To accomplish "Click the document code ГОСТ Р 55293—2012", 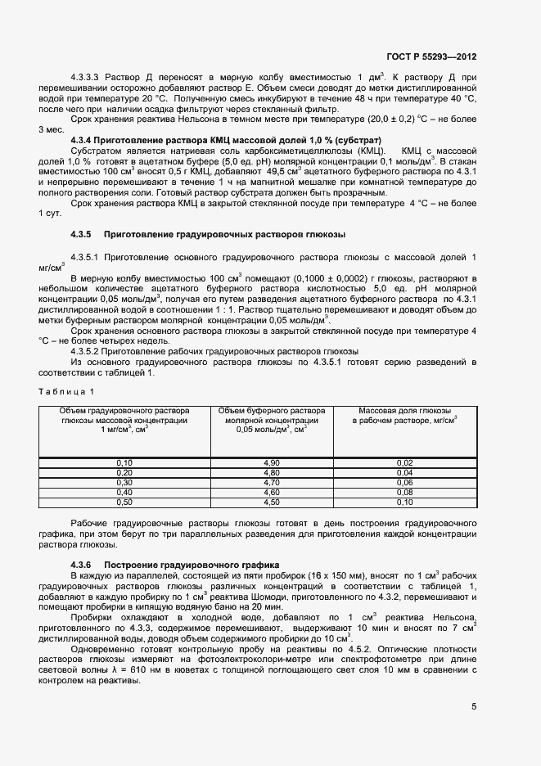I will pos(431,57).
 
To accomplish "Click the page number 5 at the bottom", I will pos(474,707).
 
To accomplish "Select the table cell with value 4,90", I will pos(271,463).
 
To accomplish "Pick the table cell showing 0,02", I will pos(404,463).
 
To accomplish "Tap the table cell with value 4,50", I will pos(271,502).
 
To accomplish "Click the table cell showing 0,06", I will pos(404,483).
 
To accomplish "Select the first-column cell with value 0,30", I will pos(124,483).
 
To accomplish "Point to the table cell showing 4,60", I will pos(271,493).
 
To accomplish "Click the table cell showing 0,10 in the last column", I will pos(404,502).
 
